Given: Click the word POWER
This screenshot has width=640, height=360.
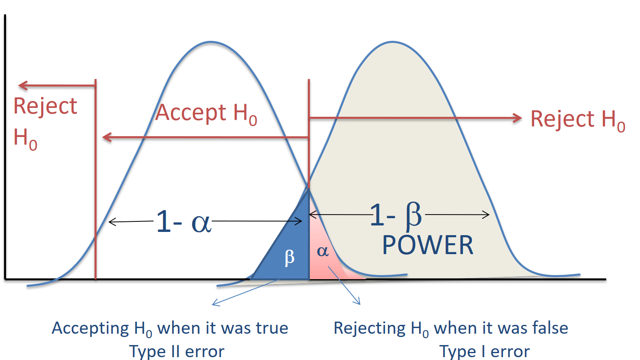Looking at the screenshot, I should [427, 245].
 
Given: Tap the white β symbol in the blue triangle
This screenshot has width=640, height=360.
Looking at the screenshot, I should [290, 257].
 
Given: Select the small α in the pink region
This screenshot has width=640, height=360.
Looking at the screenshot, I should [322, 251].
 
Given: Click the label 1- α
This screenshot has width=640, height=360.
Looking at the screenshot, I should [183, 222].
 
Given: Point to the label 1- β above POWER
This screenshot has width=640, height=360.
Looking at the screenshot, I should [396, 215].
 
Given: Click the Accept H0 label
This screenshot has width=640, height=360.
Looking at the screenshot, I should [206, 113].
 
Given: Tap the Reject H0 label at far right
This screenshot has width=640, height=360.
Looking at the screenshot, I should [577, 120].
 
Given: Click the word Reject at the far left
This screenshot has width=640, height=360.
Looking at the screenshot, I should [45, 106].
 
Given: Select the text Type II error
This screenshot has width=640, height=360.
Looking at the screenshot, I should [177, 352].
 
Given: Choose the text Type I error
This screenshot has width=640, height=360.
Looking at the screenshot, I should [484, 352].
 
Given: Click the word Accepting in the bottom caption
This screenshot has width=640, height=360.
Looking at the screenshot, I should [90, 328].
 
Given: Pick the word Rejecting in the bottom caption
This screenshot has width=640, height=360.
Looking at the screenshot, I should [369, 328].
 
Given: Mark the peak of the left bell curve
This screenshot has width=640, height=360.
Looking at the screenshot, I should [211, 42].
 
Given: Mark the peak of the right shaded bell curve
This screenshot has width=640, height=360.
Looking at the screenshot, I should [392, 42].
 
